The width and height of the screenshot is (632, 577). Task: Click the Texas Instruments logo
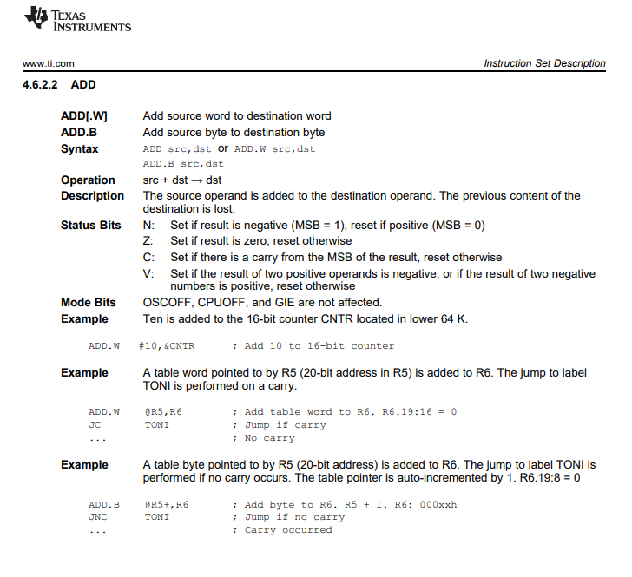point(77,19)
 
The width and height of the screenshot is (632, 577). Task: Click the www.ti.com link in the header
point(49,63)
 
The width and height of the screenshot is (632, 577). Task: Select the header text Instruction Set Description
point(544,63)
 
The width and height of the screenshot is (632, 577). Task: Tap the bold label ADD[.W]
point(84,116)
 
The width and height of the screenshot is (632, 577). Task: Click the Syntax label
point(79,149)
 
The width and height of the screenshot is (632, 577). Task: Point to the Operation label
point(88,180)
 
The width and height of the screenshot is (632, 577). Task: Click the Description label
point(92,196)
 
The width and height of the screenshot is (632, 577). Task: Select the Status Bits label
point(90,226)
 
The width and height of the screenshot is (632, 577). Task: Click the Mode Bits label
point(88,303)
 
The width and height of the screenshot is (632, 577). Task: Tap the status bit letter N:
point(149,226)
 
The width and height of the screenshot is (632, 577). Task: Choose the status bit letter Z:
point(149,241)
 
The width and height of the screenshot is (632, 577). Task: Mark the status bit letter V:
point(149,274)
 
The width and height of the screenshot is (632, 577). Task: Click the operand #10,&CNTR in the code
point(167,346)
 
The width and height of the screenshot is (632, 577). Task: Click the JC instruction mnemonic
point(94,425)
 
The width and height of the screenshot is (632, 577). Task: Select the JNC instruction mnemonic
point(96,517)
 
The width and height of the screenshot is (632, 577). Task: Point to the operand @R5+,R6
point(167,504)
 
